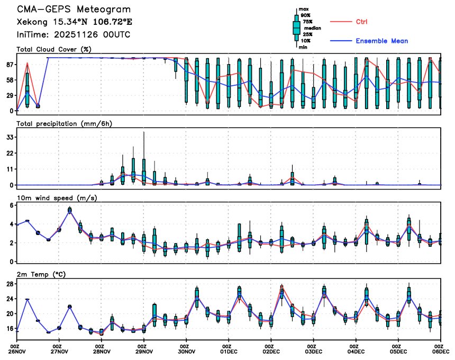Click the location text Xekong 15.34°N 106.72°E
point(74,22)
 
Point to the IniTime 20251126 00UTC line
point(73,34)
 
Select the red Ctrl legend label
point(362,22)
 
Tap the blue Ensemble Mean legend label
point(381,41)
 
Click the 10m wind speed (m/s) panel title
point(57,197)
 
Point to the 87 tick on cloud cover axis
point(10,64)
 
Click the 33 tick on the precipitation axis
point(10,137)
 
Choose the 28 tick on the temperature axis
point(10,284)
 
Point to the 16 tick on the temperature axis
point(10,328)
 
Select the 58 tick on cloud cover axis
point(10,79)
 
